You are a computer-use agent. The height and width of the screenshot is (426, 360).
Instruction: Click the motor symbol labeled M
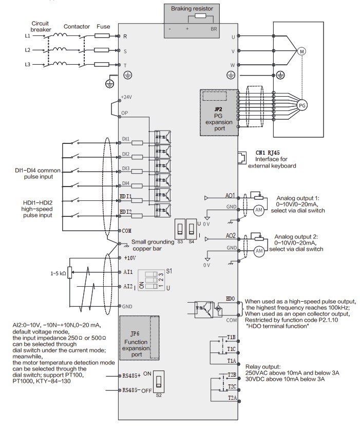tap(301, 51)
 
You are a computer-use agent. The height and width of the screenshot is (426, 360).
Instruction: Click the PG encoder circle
tap(302, 104)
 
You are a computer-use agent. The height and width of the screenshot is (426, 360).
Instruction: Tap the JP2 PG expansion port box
tap(219, 113)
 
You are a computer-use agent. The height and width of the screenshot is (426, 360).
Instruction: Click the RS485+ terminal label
tap(132, 375)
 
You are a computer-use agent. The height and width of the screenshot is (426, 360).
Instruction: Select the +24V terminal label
tap(126, 97)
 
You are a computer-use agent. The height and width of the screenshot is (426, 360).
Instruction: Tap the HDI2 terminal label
tap(126, 212)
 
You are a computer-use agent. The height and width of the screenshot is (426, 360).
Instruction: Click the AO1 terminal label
tap(230, 196)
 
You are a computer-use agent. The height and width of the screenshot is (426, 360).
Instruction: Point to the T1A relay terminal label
tap(231, 361)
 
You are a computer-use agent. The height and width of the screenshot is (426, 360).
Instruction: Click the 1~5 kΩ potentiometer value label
tap(58, 274)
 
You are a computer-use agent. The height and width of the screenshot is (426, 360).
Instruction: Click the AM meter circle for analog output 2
tap(259, 250)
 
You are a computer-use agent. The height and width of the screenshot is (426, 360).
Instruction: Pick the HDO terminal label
tap(230, 298)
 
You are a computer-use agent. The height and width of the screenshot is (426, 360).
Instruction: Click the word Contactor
tap(77, 26)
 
